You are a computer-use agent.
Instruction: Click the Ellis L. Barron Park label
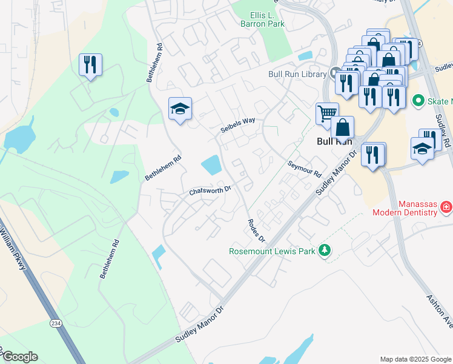click(267, 19)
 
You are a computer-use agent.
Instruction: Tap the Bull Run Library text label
click(297, 74)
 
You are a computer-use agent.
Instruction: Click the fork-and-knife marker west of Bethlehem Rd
click(90, 64)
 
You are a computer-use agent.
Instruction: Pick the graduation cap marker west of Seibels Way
click(180, 109)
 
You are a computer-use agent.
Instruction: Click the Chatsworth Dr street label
click(210, 190)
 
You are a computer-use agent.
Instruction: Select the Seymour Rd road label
click(304, 169)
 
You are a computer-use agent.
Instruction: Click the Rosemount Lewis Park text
click(272, 251)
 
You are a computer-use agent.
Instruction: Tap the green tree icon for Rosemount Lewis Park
click(325, 250)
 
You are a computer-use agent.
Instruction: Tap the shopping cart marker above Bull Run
click(327, 113)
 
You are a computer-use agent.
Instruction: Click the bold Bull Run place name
click(334, 141)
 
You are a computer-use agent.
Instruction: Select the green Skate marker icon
click(417, 100)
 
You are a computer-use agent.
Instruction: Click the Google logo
click(19, 357)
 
